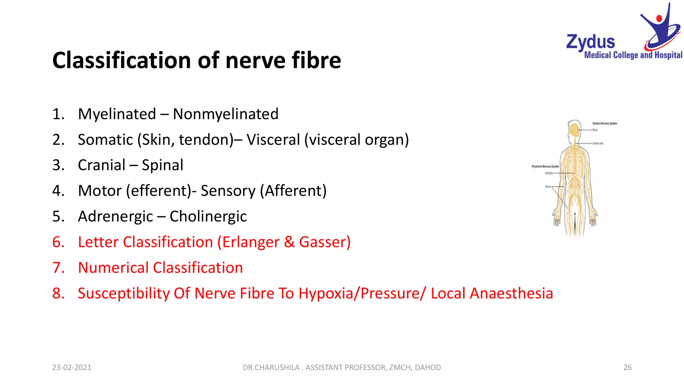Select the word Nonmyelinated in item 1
click(225, 114)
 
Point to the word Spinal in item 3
click(162, 165)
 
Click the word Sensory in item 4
click(228, 191)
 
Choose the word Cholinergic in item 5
click(208, 217)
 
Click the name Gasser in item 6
click(322, 242)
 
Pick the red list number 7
click(58, 268)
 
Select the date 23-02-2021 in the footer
click(71, 367)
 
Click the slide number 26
click(627, 367)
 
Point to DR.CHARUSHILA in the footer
click(271, 367)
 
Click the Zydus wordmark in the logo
click(590, 42)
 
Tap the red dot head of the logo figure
click(659, 18)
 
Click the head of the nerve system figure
click(574, 129)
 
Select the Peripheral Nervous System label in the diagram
click(545, 166)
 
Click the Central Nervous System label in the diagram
click(605, 123)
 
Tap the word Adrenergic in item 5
click(115, 217)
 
